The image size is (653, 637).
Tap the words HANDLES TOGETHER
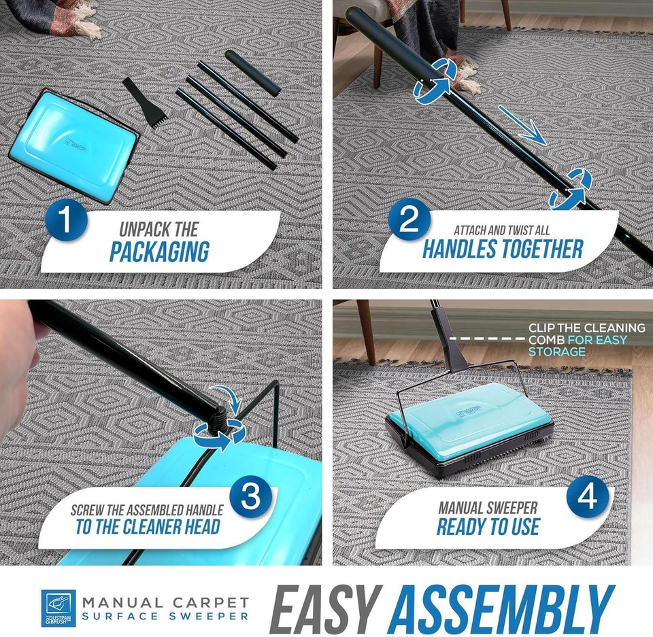pos(503,249)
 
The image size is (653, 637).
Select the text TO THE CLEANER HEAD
pos(148,527)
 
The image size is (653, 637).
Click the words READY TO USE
pos(488,526)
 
